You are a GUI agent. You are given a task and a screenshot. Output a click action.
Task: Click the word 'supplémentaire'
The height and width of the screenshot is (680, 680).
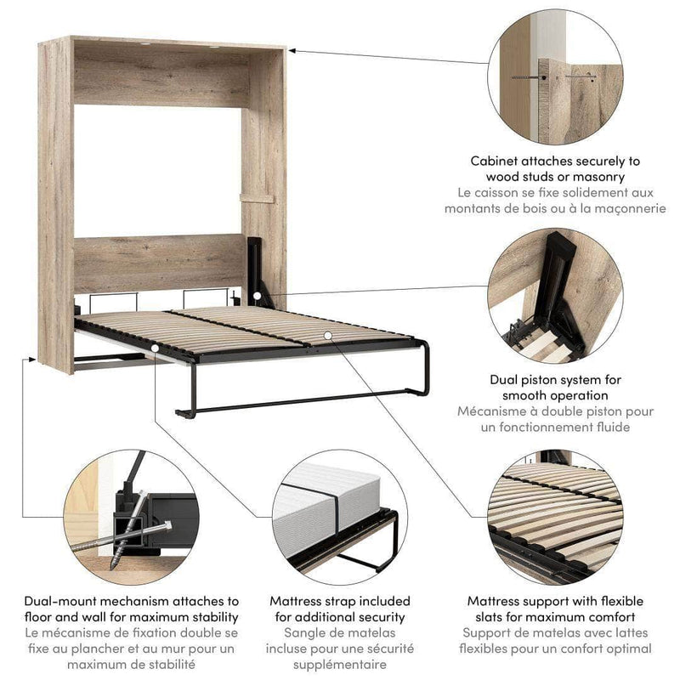coord(339,665)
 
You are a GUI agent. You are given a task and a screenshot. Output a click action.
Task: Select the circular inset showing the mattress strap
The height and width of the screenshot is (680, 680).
coord(338,518)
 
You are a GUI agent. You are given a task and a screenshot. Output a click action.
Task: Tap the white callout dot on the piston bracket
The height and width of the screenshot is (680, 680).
coord(255,297)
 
